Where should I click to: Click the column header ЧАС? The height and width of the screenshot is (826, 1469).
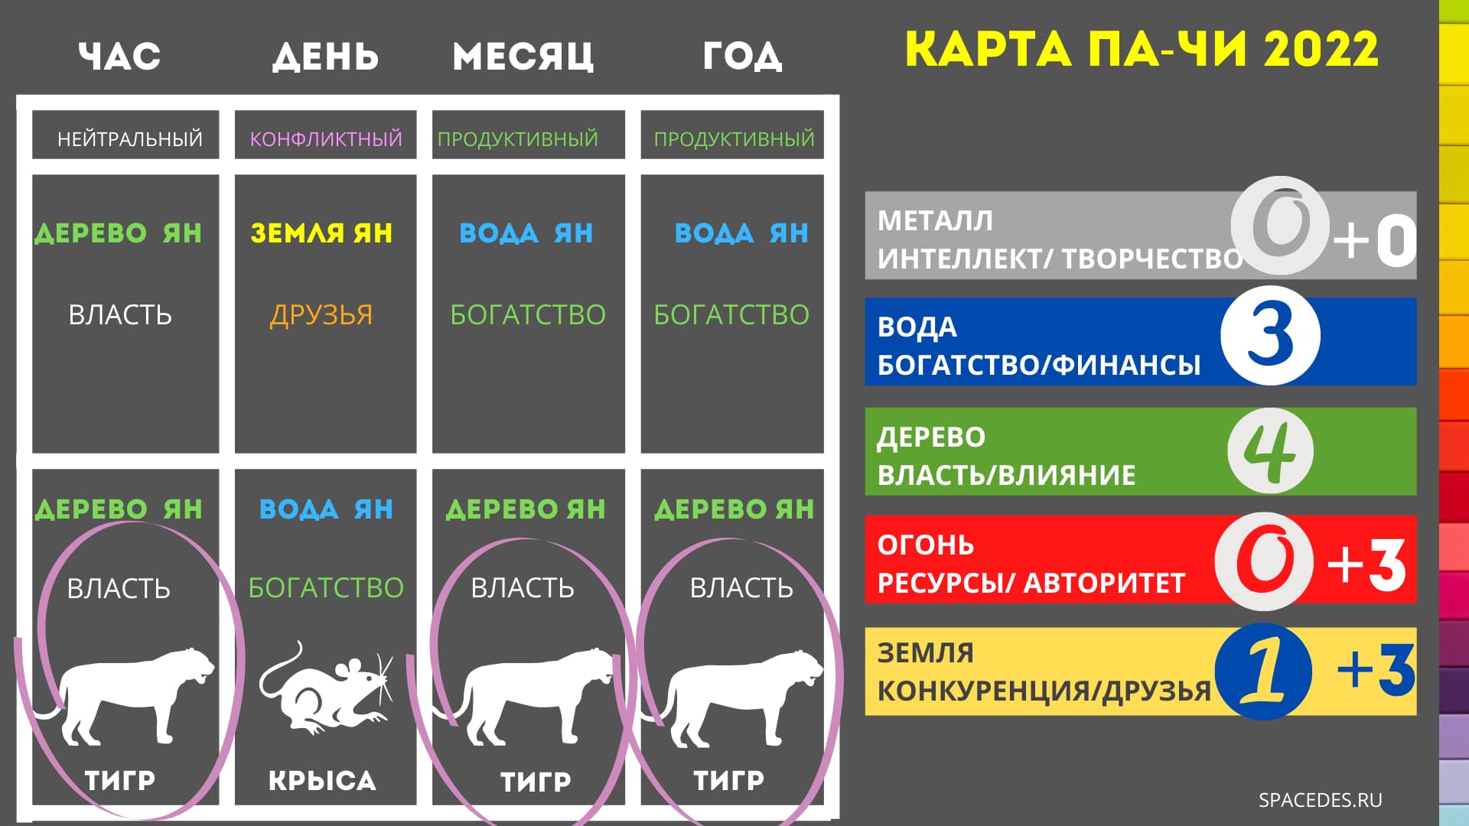119,56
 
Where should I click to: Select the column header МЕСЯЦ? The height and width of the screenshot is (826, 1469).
523,57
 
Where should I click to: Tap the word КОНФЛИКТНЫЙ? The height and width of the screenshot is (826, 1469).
326,139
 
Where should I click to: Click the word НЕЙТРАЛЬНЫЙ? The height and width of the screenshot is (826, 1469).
130,138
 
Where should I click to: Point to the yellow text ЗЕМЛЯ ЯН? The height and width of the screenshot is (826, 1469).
321,233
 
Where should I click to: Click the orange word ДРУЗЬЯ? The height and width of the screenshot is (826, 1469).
321,314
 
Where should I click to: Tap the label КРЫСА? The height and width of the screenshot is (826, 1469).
322,780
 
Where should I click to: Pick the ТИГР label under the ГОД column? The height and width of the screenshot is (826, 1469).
728,780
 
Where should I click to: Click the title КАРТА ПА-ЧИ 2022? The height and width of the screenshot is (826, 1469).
1142,49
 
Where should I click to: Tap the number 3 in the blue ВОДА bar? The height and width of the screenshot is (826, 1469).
1270,335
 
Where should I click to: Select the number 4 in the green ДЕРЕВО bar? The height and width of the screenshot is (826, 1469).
1270,451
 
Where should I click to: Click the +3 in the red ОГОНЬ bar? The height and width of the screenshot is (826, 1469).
1367,564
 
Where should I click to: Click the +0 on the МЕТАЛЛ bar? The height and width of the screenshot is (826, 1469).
1375,239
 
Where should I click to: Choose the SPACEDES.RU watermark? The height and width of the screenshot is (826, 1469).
1321,800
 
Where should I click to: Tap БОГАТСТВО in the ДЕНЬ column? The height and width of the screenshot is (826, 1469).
326,587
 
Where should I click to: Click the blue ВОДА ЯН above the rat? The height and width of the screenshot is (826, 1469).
326,509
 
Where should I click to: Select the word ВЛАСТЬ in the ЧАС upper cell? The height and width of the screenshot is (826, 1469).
120,314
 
